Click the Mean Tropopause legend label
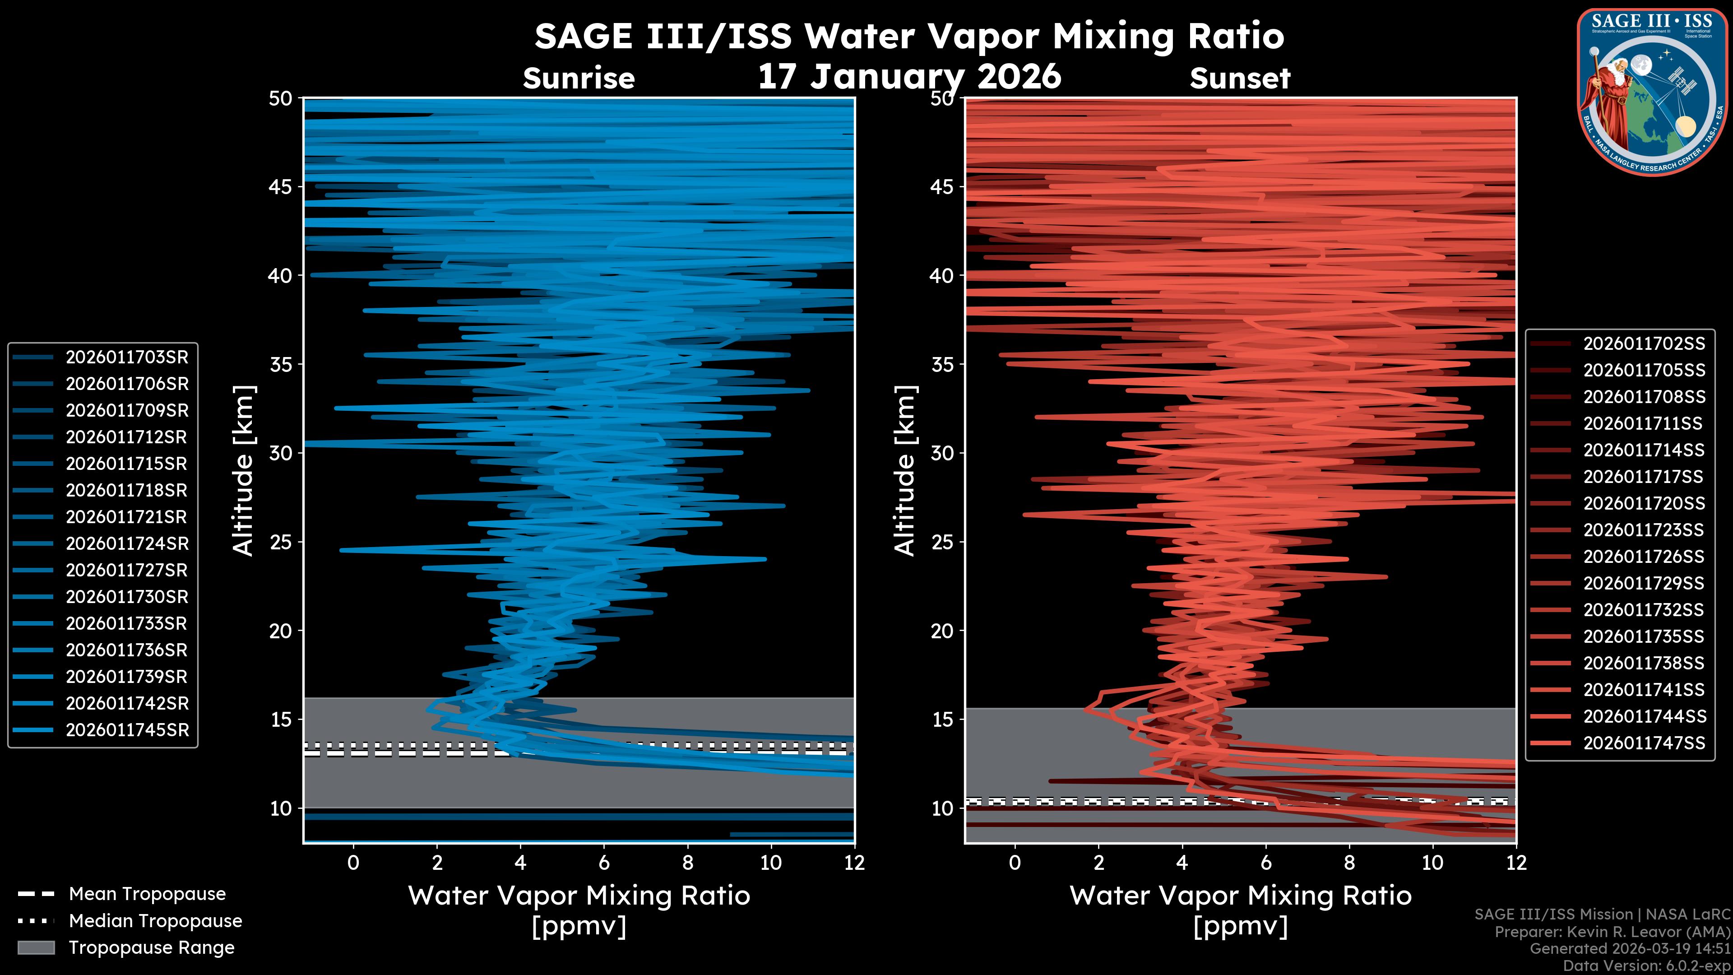(x=147, y=894)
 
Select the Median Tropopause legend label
(x=155, y=921)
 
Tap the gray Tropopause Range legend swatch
(x=36, y=948)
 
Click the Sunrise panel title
(x=579, y=79)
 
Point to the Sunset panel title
(x=1240, y=79)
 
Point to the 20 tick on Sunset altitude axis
(x=942, y=631)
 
